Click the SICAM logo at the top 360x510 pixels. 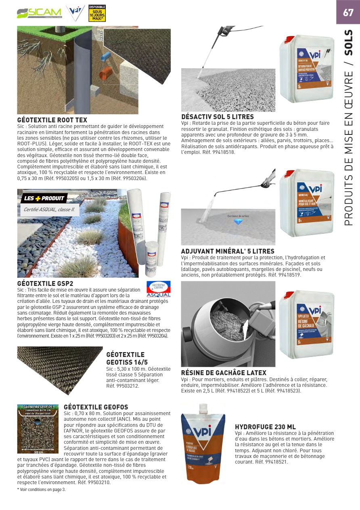[39, 13]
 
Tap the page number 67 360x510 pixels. [348, 13]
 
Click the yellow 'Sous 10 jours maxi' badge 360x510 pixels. [97, 13]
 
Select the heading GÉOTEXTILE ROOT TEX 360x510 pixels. [52, 120]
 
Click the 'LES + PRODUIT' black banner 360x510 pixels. [44, 198]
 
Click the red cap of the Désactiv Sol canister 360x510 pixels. [290, 39]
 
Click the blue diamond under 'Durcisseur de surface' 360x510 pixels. [238, 221]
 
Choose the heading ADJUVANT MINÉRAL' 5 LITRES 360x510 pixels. [228, 251]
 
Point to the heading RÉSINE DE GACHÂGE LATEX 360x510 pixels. [224, 373]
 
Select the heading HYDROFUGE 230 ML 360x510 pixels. [265, 427]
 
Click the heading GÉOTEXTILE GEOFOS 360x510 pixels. [96, 407]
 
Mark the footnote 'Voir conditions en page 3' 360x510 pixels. [41, 489]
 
